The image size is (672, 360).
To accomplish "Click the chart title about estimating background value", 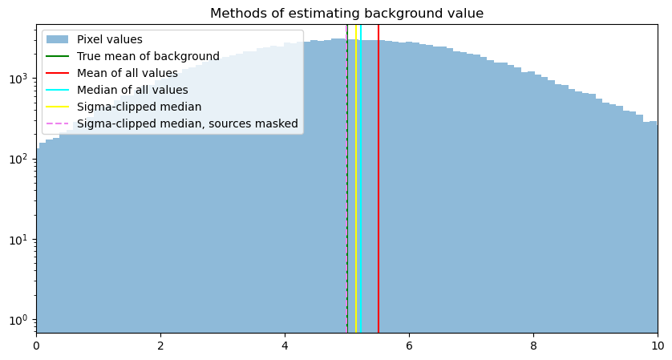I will [x=346, y=14].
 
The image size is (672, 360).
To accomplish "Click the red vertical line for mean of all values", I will [x=379, y=200].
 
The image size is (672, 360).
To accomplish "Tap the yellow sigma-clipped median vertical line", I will [x=356, y=200].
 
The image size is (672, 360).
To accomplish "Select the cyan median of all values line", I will [x=361, y=200].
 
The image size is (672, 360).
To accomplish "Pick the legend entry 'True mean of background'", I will [x=148, y=56].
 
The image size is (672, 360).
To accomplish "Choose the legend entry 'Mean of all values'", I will [x=127, y=73].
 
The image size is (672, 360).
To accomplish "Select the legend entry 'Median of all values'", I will [x=132, y=90].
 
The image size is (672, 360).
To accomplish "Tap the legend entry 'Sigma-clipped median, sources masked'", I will [x=187, y=123].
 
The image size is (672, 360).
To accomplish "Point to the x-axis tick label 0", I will [x=36, y=346].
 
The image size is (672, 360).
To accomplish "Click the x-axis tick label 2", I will [x=160, y=346].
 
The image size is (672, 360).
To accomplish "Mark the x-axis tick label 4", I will [x=285, y=346].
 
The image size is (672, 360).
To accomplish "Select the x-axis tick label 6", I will [x=409, y=346].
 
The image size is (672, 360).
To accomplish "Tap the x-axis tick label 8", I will [x=533, y=346].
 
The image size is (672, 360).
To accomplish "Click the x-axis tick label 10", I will [x=657, y=346].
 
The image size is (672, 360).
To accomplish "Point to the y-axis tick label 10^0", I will [x=19, y=320].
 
